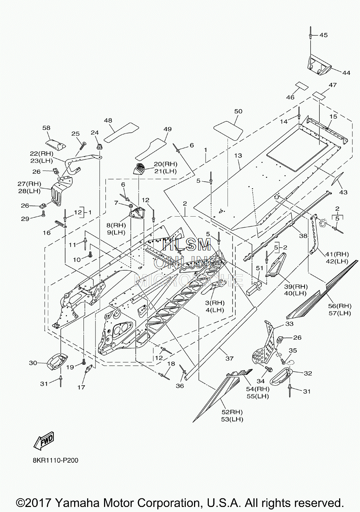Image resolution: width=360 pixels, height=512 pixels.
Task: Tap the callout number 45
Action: (x=323, y=35)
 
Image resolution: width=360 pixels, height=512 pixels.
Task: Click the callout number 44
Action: (x=346, y=73)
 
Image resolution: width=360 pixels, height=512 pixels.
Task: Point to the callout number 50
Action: (x=238, y=111)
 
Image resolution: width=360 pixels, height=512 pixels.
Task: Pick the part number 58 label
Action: (x=46, y=128)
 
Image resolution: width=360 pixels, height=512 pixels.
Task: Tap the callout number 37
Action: (x=229, y=358)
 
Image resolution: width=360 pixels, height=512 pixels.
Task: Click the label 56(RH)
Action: (x=340, y=306)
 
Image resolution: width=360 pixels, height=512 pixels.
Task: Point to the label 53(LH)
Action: (x=232, y=419)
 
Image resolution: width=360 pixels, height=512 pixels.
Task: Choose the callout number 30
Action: (x=33, y=363)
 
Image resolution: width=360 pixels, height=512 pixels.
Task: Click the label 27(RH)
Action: (x=30, y=183)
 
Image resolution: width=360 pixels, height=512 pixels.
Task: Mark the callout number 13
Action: (x=238, y=156)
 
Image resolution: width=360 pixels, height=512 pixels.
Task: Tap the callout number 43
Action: (x=343, y=192)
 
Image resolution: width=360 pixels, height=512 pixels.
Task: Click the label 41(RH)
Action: (x=337, y=254)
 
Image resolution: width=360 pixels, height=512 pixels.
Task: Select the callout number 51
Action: (x=259, y=268)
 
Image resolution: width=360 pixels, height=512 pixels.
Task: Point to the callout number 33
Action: (x=289, y=324)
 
